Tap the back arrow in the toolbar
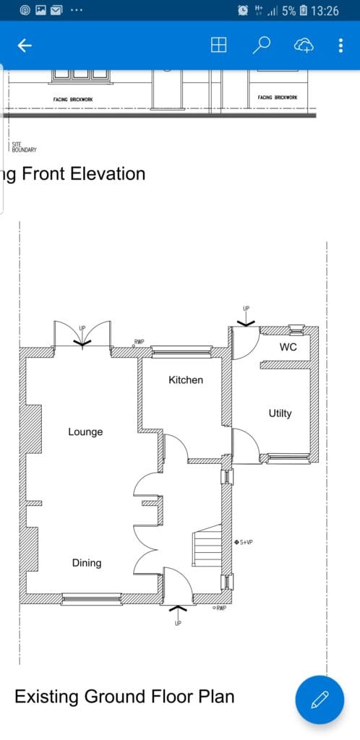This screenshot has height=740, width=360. tap(25, 46)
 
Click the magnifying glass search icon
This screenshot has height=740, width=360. tap(261, 46)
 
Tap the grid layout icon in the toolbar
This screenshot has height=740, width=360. tap(218, 46)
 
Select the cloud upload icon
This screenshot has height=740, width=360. tap(304, 46)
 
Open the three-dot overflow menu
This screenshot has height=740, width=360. tap(340, 46)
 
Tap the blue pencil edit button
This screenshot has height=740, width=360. tap(320, 700)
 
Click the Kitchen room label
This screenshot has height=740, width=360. tap(186, 380)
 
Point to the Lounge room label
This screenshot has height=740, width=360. tap(85, 432)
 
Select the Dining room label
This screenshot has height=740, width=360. tap(87, 562)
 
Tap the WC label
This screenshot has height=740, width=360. tap(288, 347)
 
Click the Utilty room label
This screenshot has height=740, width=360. tap(280, 413)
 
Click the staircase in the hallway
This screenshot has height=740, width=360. tap(207, 546)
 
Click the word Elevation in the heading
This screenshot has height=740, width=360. tap(108, 173)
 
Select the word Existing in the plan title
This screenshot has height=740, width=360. tap(46, 697)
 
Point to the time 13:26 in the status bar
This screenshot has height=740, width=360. tap(325, 10)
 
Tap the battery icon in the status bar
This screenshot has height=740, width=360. tap(304, 10)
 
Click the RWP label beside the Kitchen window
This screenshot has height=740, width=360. tap(140, 342)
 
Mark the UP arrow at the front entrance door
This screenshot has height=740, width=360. tap(178, 612)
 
